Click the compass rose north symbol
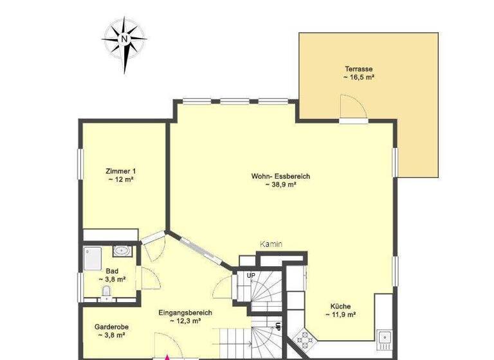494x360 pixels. coord(124,38)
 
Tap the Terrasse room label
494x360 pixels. coord(359,69)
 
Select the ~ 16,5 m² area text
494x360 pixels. coord(359,77)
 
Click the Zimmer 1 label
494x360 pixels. coord(121,171)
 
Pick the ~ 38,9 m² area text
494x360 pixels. coord(280,184)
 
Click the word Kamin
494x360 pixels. coord(271,244)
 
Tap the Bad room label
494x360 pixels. coord(112,271)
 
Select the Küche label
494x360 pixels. coord(341,307)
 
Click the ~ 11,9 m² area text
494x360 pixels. coord(341,315)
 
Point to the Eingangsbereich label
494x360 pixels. coord(185,312)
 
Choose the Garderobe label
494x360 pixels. coord(109,326)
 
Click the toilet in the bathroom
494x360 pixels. coord(106,293)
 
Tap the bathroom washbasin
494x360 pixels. coord(121,251)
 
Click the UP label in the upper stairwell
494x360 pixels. coord(251,275)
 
